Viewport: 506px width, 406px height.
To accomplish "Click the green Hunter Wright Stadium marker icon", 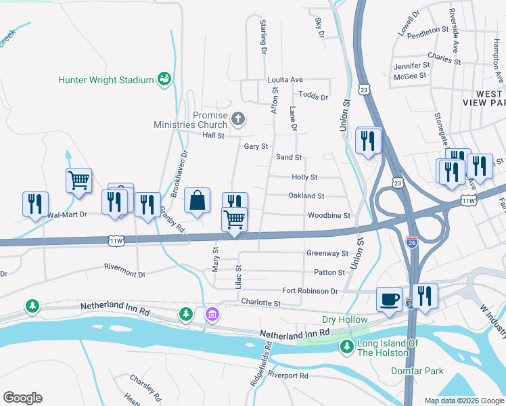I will (164, 80).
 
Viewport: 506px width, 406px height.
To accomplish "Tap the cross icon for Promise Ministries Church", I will (237, 120).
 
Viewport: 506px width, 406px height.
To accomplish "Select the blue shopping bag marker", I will (197, 202).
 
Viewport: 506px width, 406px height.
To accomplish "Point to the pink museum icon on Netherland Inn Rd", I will (212, 315).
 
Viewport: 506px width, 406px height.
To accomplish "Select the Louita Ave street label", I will (285, 79).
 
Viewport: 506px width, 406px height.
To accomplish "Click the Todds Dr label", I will (313, 97).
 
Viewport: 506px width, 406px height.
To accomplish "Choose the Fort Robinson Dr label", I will (310, 291).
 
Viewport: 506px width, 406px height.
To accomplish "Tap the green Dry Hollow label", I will (344, 320).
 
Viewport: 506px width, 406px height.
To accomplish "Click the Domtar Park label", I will (417, 371).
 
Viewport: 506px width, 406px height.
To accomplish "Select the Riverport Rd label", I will (287, 375).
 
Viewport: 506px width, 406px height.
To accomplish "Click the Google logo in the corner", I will (22, 398).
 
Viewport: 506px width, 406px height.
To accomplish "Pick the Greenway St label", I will (327, 253).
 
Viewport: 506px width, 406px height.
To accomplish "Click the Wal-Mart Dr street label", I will (67, 215).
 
